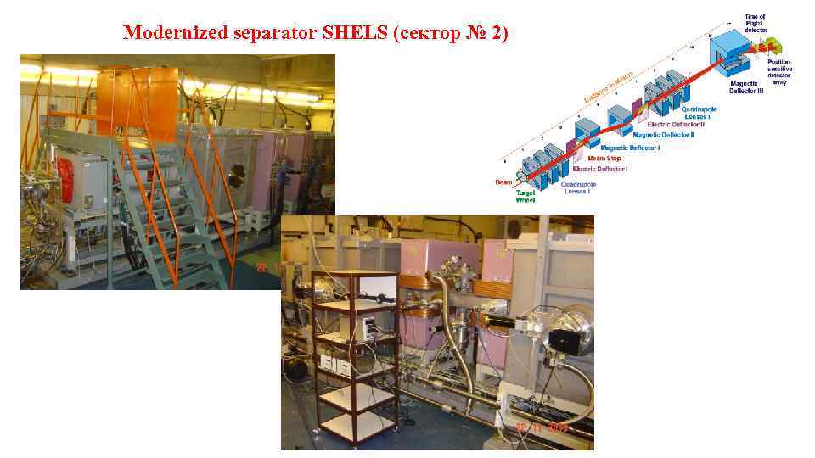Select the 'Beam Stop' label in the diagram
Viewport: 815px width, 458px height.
[x=605, y=158]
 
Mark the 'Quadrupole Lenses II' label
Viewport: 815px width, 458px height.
[x=689, y=112]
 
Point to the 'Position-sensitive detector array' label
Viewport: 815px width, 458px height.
[x=779, y=71]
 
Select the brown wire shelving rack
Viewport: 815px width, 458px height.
[x=355, y=356]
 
